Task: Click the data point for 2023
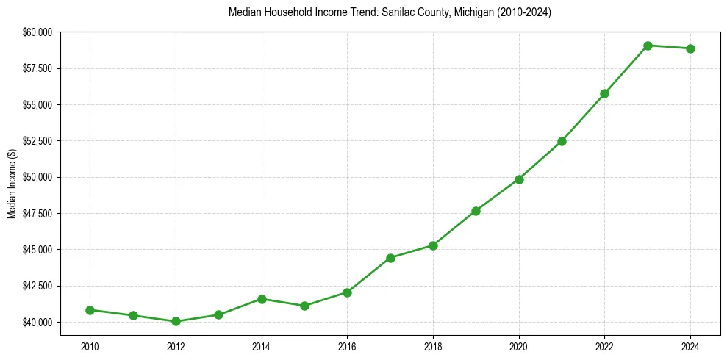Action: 648,46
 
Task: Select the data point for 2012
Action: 176,321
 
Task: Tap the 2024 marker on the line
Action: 691,48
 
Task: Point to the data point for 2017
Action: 390,258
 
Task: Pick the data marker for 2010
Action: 90,310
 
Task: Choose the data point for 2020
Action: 519,179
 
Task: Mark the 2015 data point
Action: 304,306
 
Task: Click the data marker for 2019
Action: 476,211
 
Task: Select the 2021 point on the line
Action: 562,141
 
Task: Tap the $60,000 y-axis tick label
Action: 37,32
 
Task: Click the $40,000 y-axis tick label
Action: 37,323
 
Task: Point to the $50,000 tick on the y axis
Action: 37,177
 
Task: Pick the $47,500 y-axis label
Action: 37,214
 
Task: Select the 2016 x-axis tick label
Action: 347,345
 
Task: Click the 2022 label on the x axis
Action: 605,345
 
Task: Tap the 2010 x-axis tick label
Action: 90,345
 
